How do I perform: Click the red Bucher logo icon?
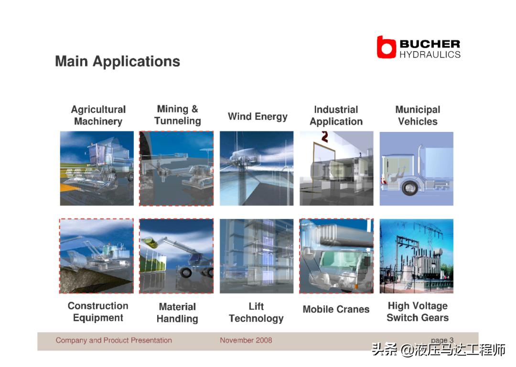point(386,47)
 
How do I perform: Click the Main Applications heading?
point(118,62)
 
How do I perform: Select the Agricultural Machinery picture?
point(97,169)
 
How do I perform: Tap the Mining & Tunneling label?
point(178,115)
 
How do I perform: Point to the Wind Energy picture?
point(257,169)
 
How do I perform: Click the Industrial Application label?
point(336,116)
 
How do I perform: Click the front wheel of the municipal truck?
point(410,188)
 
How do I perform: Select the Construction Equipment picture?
point(97,256)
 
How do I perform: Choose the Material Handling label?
point(177,313)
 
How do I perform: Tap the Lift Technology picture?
point(257,256)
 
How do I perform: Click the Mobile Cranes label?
point(336,309)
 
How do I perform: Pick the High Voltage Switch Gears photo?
point(417,256)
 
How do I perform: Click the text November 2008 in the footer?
point(246,340)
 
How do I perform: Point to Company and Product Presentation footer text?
point(114,340)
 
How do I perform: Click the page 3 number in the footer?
point(442,340)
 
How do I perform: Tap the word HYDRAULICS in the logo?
point(430,54)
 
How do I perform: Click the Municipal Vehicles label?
point(418,116)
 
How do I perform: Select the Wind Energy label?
point(258,117)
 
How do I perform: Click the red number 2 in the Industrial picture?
point(325,137)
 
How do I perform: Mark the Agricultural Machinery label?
point(98,116)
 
